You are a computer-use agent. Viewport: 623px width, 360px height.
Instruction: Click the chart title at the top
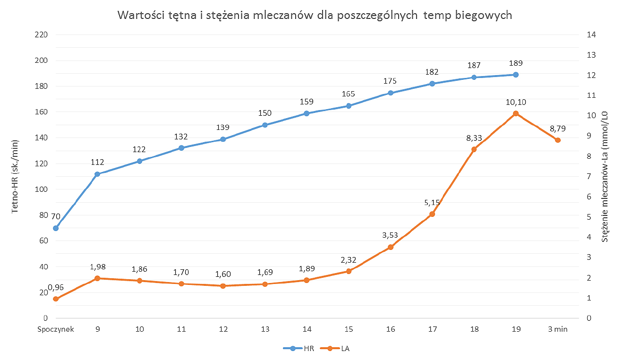pyautogui.click(x=315, y=15)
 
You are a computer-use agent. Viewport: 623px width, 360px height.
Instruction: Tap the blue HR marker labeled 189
pyautogui.click(x=516, y=75)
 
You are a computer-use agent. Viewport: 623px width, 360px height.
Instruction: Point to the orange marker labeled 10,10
pyautogui.click(x=516, y=113)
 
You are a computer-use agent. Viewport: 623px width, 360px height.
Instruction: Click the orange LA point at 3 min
pyautogui.click(x=557, y=140)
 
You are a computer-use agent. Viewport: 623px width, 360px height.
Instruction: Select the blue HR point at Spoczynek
pyautogui.click(x=56, y=228)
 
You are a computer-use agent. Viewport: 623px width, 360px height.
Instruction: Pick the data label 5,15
pyautogui.click(x=432, y=203)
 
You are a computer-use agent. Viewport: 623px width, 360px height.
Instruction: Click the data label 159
pyautogui.click(x=307, y=102)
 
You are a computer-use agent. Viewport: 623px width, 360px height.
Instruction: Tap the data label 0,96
pyautogui.click(x=56, y=287)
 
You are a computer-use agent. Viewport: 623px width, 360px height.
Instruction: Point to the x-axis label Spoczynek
pyautogui.click(x=56, y=330)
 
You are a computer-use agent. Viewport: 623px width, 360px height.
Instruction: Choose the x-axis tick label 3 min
pyautogui.click(x=557, y=330)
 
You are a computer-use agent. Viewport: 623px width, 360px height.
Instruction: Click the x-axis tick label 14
pyautogui.click(x=307, y=330)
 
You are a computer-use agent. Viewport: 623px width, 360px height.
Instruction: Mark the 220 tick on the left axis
pyautogui.click(x=42, y=35)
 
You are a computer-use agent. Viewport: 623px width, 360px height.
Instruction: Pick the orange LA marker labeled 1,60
pyautogui.click(x=223, y=286)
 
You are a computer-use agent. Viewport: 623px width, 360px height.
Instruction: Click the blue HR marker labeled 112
pyautogui.click(x=98, y=174)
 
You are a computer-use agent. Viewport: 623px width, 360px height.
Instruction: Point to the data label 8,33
pyautogui.click(x=474, y=138)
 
